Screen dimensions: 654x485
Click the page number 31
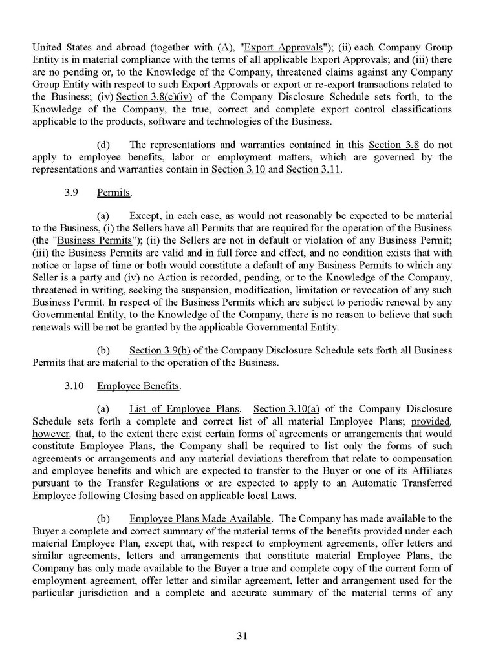point(242,635)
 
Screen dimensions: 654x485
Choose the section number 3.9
point(72,193)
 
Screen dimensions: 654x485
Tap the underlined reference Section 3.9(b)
point(160,350)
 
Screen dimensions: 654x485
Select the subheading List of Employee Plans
point(185,410)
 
